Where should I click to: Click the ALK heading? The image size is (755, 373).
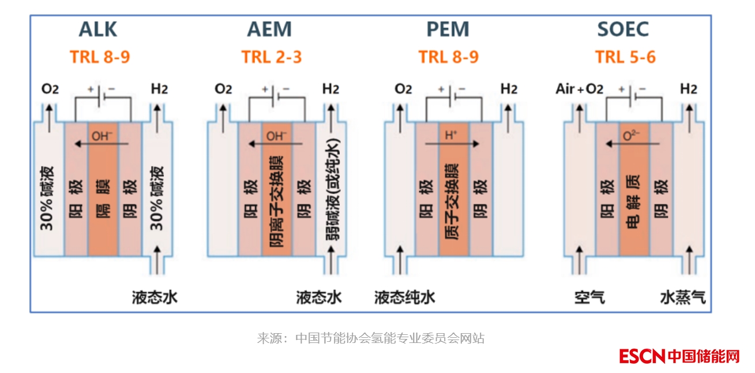tap(98, 29)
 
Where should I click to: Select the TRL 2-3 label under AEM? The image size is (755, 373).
tap(271, 57)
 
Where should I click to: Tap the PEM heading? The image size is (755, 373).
tap(448, 29)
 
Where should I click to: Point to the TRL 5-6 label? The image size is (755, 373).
tap(625, 57)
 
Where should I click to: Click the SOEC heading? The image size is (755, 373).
tap(623, 29)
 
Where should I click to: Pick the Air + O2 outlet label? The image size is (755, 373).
tap(579, 89)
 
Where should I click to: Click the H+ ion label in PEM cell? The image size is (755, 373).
tap(450, 136)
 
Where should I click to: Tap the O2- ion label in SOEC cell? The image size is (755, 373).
tap(632, 136)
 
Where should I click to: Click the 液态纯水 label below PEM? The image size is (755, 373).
tap(404, 297)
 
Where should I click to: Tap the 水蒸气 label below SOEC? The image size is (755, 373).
tap(682, 297)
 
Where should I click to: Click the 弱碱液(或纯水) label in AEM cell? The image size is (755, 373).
tap(332, 191)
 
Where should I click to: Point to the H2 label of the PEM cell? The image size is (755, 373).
tap(508, 89)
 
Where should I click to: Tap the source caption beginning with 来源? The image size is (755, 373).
tap(370, 338)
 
